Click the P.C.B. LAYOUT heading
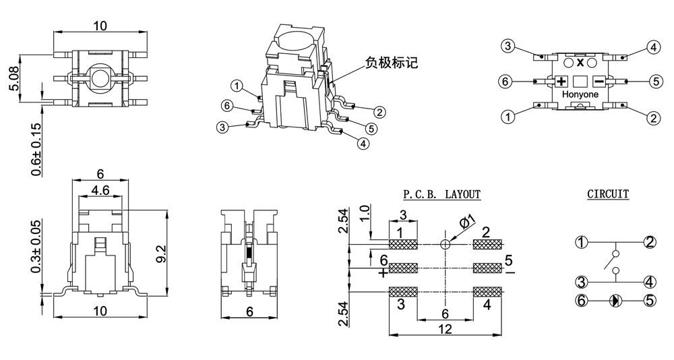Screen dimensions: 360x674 pyautogui.click(x=441, y=195)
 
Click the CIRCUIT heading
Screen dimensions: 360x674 pyautogui.click(x=608, y=194)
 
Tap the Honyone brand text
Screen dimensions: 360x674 pyautogui.click(x=580, y=95)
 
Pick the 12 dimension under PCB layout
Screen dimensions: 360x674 pyautogui.click(x=446, y=328)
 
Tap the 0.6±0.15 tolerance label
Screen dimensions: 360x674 pyautogui.click(x=36, y=150)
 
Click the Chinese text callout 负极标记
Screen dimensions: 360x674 pyautogui.click(x=392, y=63)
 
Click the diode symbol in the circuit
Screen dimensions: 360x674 pyautogui.click(x=615, y=300)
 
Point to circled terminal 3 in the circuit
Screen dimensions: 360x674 pyautogui.click(x=581, y=282)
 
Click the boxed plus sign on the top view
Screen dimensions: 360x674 pyautogui.click(x=561, y=81)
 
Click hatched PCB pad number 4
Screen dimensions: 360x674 pyautogui.click(x=489, y=292)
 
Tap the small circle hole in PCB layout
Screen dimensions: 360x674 pyautogui.click(x=446, y=243)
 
